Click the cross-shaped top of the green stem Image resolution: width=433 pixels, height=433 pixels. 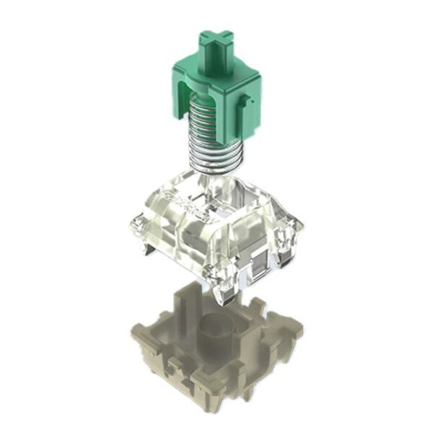[x=216, y=43]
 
